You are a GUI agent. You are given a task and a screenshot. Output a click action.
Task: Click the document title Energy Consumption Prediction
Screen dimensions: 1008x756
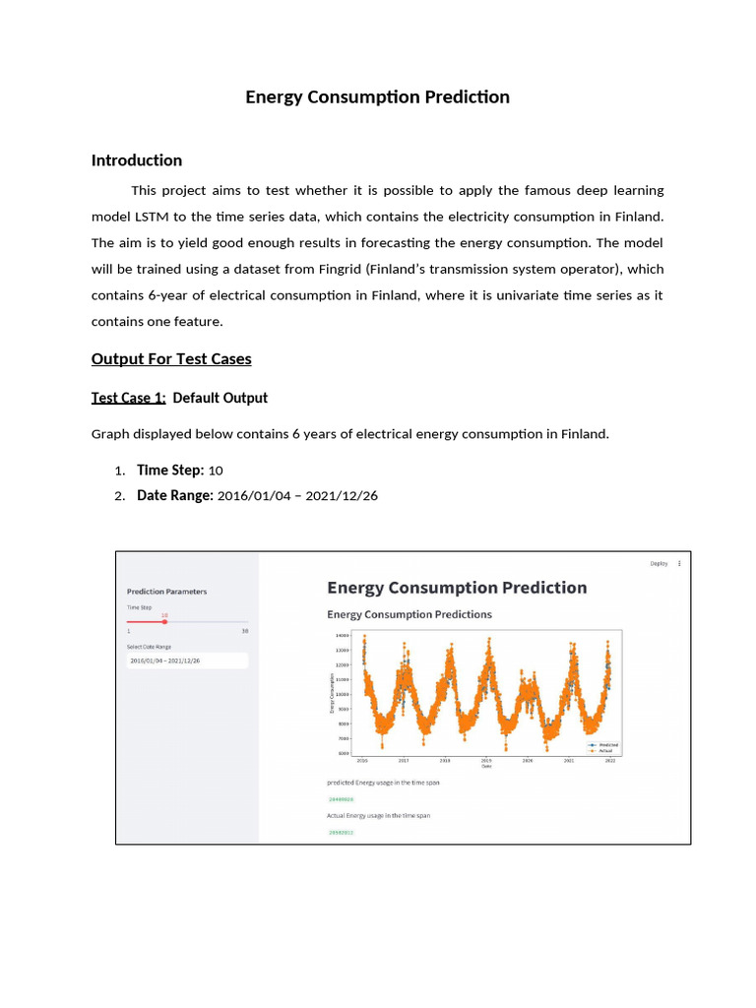tap(377, 96)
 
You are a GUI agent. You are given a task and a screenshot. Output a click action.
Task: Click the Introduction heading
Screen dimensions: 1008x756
tap(137, 160)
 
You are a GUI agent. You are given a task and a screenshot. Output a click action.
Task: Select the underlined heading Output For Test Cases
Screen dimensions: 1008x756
tap(171, 358)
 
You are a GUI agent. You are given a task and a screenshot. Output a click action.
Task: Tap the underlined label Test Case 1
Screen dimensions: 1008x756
tap(128, 398)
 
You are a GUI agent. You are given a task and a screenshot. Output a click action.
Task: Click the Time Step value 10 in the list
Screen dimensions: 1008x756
tap(216, 471)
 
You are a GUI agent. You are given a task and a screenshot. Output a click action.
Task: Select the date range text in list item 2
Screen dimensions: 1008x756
tap(296, 496)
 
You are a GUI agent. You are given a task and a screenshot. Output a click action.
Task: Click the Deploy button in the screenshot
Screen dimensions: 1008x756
tap(659, 564)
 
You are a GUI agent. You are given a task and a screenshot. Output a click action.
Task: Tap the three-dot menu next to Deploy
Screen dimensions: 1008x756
tap(679, 564)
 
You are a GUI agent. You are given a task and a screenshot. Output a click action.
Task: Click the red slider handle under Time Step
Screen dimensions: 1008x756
tap(165, 621)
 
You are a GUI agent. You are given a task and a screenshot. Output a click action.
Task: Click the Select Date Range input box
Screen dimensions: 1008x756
tap(187, 661)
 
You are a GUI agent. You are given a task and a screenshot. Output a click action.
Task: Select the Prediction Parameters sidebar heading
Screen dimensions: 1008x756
tap(167, 592)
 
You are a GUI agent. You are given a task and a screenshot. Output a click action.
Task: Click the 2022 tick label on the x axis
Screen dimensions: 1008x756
tap(610, 761)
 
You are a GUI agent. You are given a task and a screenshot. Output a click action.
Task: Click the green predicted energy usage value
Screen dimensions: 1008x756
tap(341, 799)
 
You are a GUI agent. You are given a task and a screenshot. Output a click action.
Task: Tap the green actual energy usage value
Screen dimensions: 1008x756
tap(341, 833)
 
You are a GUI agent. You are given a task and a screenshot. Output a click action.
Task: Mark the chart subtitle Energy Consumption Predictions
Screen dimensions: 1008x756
tap(409, 614)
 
